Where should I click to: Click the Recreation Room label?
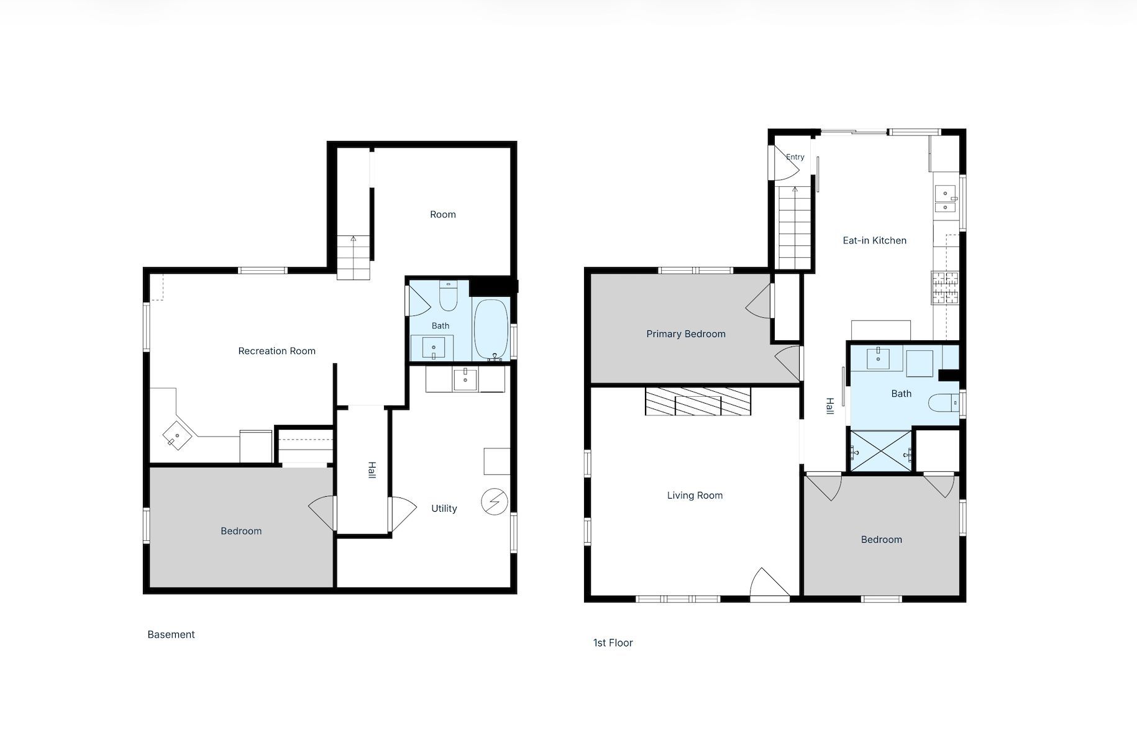pos(276,351)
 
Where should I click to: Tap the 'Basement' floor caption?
pos(171,635)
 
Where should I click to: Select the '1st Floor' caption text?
pos(613,643)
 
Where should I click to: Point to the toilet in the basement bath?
pos(448,296)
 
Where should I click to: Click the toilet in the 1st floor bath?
pos(944,404)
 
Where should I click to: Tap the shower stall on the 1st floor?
pos(882,451)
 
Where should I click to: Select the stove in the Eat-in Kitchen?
pos(944,288)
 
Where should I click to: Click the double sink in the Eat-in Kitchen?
pos(946,199)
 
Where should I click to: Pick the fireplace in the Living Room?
pos(698,401)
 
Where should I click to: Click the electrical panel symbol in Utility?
pos(495,502)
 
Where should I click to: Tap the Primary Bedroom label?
pos(686,334)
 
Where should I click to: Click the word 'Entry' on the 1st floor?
pos(795,157)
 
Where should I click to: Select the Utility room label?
pos(444,509)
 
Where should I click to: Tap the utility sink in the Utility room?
pos(465,379)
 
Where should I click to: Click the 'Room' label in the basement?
pos(443,214)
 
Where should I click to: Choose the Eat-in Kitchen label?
pos(874,240)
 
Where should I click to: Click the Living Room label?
pos(695,496)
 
